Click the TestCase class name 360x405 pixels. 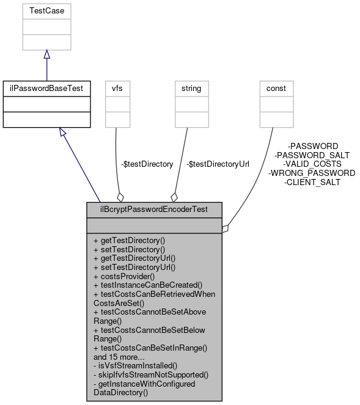pos(47,10)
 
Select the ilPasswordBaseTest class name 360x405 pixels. pos(46,89)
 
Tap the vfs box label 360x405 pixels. pos(116,89)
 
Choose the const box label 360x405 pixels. pos(276,89)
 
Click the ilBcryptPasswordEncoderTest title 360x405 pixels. pos(154,210)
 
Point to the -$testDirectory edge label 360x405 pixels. pos(147,164)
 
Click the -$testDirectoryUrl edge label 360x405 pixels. pos(218,164)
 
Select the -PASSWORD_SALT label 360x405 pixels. pos(312,155)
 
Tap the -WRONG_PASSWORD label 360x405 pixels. pos(312,173)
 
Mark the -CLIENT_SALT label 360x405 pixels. pos(312,182)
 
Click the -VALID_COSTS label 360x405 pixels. pos(312,164)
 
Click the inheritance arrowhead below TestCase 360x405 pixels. pos(46,55)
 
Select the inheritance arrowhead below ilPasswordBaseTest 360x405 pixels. pos(62,132)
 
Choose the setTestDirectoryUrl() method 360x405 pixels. pos(134,267)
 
